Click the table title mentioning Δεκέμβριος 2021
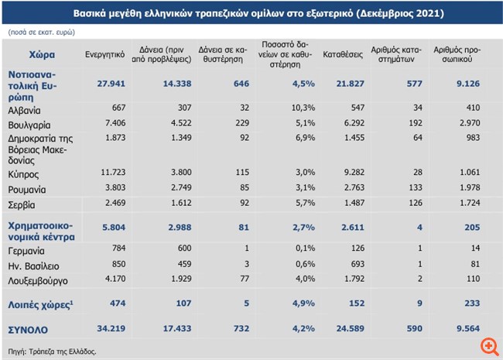tap(252, 14)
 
